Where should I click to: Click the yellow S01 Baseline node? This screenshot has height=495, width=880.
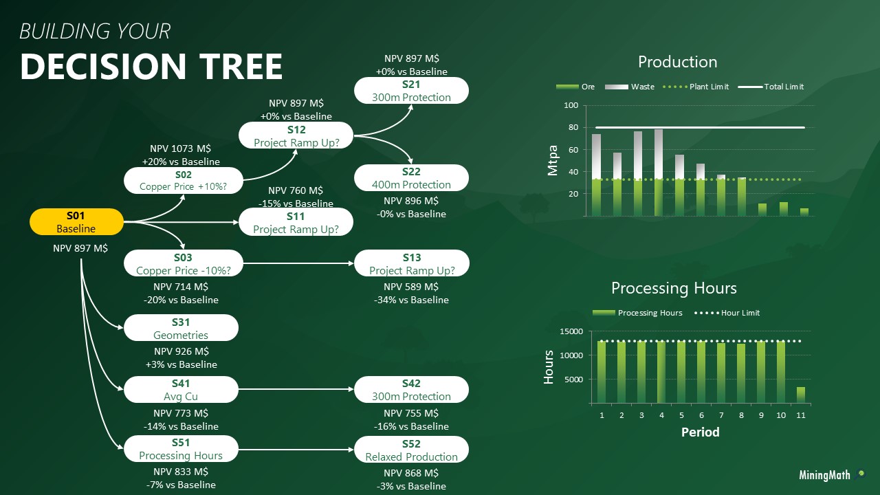(76, 222)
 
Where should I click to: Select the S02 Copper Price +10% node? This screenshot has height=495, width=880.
(184, 180)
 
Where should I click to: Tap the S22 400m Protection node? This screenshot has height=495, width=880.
(411, 178)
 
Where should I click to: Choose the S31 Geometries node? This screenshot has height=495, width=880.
(181, 328)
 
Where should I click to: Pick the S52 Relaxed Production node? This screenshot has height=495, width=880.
(411, 450)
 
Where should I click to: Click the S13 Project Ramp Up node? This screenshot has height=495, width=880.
(412, 263)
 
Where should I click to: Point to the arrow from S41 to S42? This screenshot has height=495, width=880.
(296, 389)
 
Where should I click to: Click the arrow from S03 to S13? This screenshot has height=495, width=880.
(298, 263)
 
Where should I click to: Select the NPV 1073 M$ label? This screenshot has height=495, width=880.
(180, 148)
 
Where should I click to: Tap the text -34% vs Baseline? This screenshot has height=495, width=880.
(411, 300)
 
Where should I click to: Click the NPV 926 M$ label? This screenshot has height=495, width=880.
(181, 351)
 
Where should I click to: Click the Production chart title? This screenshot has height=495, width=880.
(678, 62)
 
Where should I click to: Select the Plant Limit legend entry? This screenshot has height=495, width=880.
(695, 87)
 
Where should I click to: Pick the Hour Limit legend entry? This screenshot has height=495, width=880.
(727, 313)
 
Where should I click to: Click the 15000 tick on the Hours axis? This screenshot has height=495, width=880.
(571, 331)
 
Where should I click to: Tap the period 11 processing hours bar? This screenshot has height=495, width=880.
(801, 395)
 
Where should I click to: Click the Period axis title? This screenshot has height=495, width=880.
(701, 432)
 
